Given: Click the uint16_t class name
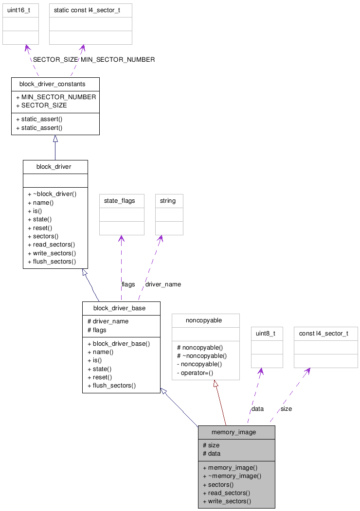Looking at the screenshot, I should pos(20,10).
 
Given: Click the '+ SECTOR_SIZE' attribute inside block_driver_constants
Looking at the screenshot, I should pos(41,106).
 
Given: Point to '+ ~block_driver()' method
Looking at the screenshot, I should pos(52,194).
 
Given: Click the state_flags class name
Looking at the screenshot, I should pos(120,201).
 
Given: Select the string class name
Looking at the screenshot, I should pos(168,201).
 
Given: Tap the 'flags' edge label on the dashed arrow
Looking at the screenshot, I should pos(128,284).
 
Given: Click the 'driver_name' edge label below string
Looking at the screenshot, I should pos(163,284).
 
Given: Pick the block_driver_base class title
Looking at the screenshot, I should pos(119,308).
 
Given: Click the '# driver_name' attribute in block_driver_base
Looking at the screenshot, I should pos(108,321).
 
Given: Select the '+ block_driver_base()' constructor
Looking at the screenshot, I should pos(119,344).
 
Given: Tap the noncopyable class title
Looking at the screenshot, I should pos(204,320).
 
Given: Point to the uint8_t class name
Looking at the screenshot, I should pos(266,334).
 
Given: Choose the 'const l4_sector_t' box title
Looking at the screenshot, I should pos(324,334).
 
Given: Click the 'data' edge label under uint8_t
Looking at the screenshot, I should pos(257,409).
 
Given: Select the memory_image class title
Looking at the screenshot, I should pos(234,432).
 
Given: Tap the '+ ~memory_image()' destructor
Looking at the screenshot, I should pos(232,476).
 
